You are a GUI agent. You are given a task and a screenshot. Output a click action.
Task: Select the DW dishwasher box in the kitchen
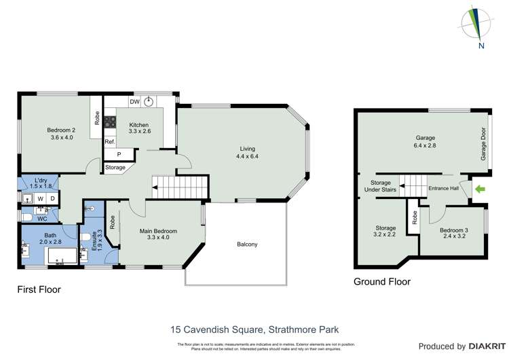tap(134, 102)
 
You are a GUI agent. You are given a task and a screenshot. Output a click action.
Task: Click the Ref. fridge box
tap(109, 141)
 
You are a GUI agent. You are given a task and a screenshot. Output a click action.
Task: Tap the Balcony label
tap(247, 245)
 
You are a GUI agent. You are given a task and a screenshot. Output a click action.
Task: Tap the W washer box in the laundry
tap(40, 198)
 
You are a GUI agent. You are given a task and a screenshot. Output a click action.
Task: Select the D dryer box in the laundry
tap(52, 198)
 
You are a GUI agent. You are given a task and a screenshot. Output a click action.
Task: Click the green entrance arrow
tap(480, 190)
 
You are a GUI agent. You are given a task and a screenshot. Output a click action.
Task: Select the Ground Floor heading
tap(382, 281)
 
